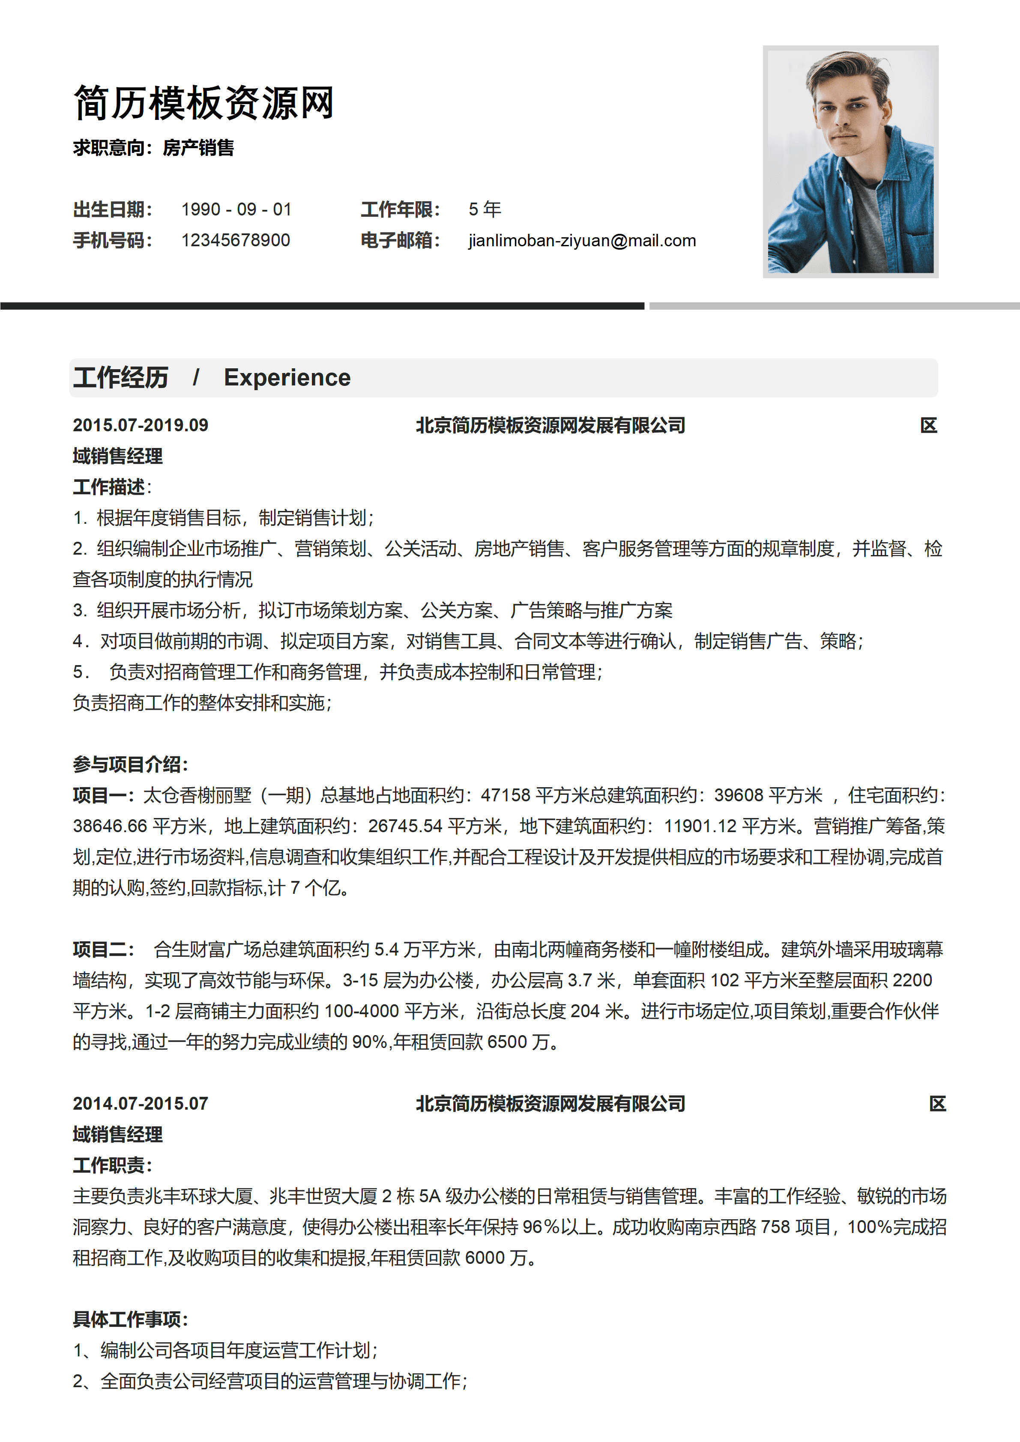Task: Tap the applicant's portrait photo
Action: (850, 161)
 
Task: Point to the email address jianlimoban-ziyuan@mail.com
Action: (582, 241)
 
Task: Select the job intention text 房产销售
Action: (198, 148)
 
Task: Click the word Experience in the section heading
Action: (287, 377)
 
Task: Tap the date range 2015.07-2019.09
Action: (140, 425)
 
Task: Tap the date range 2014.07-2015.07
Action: (140, 1104)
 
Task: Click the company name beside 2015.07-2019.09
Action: (550, 425)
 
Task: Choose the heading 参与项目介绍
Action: (130, 764)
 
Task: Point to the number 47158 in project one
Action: (505, 795)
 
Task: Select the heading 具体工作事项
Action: (130, 1319)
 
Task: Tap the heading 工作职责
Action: (112, 1165)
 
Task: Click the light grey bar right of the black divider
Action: (834, 306)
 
